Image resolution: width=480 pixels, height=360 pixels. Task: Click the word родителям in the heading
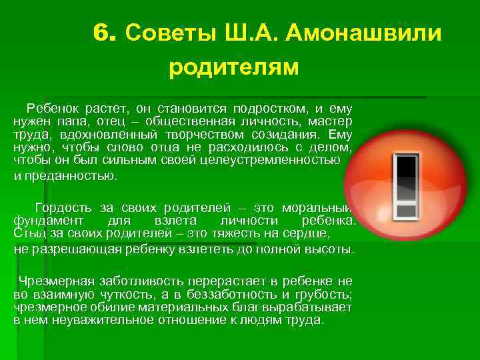[x=234, y=67]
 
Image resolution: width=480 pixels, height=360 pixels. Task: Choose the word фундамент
[x=48, y=221]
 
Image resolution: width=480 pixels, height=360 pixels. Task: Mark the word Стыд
[x=28, y=233]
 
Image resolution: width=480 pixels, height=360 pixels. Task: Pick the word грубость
[x=325, y=294]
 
